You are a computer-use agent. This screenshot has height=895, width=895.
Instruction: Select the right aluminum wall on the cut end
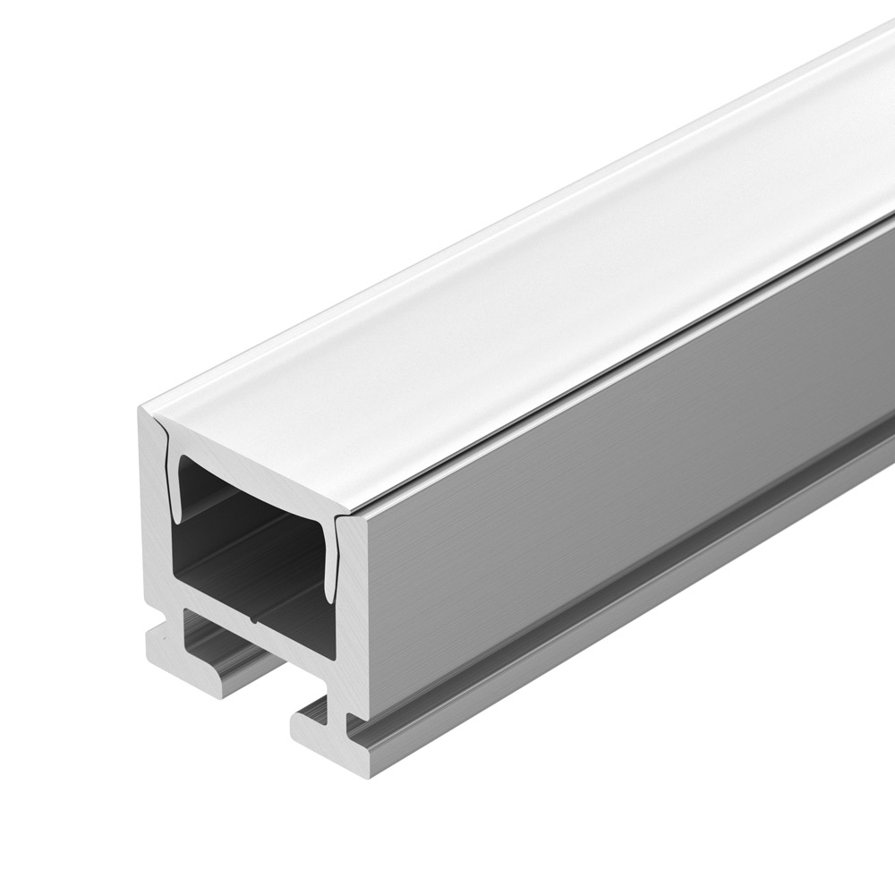click(354, 609)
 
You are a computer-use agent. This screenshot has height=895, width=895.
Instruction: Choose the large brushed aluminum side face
click(626, 465)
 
